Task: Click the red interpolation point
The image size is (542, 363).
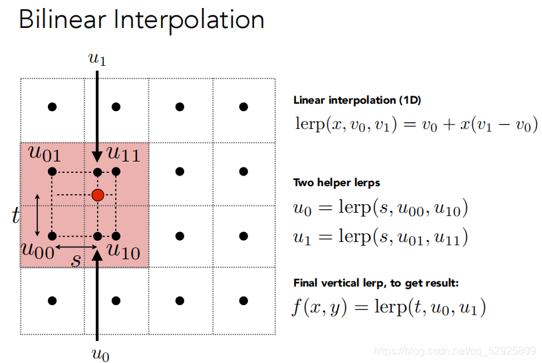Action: point(98,195)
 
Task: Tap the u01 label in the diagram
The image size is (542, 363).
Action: point(45,154)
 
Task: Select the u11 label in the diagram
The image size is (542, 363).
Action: point(123,154)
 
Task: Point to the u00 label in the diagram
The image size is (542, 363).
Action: point(37,251)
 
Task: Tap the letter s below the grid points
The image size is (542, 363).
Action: point(76,259)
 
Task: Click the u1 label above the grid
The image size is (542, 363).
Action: point(97,59)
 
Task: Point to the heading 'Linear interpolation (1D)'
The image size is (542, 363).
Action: point(357,101)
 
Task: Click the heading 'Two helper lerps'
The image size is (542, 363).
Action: point(337,182)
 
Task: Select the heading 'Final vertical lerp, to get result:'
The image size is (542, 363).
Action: point(376,283)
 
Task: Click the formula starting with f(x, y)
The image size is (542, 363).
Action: point(390,307)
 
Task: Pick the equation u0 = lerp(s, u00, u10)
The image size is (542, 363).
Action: point(381,209)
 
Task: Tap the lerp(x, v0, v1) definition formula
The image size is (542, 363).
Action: point(416,124)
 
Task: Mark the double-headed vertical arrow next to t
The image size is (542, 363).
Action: point(37,215)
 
